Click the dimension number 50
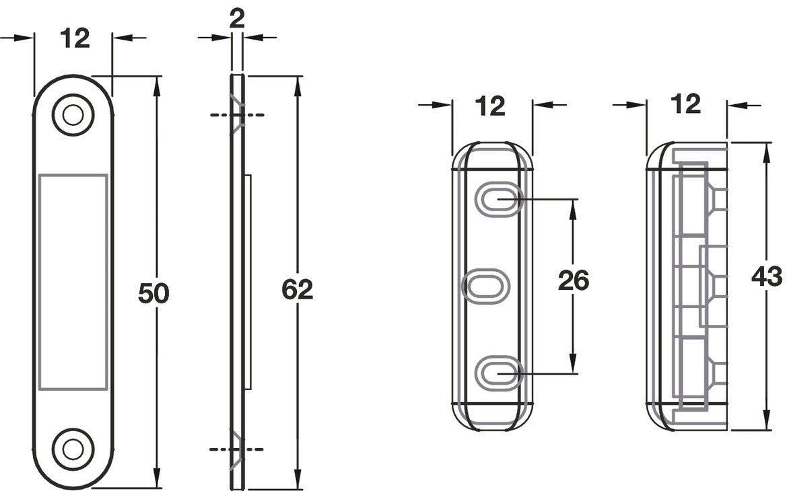(153, 293)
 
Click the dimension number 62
(297, 289)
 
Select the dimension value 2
(236, 19)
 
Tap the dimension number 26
(573, 280)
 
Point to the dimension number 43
(766, 277)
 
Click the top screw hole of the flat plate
(73, 115)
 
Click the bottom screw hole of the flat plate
(73, 449)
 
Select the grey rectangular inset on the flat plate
(73, 282)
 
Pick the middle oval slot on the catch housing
(485, 286)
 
